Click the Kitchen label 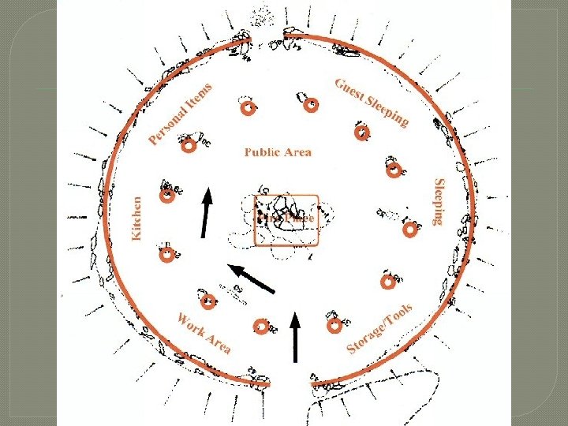click(x=137, y=219)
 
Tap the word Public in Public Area click(x=262, y=151)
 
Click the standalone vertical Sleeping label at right click(x=439, y=202)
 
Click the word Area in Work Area click(x=219, y=342)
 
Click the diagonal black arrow click(x=252, y=278)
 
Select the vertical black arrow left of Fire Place click(x=206, y=212)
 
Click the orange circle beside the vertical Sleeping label click(x=410, y=230)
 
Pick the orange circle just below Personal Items click(x=189, y=147)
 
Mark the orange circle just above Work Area click(x=209, y=301)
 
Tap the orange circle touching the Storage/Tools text click(x=334, y=324)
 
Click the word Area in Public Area click(x=298, y=151)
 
